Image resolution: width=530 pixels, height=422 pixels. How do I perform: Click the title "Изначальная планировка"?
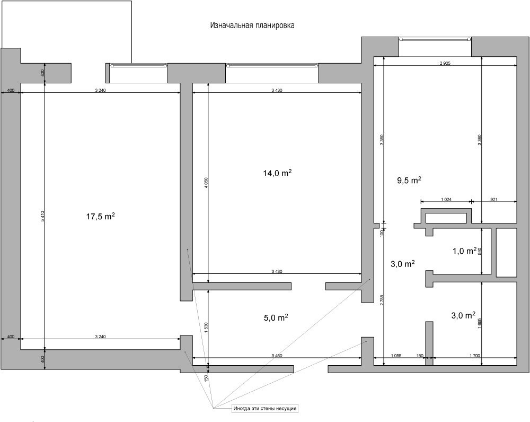click(252, 25)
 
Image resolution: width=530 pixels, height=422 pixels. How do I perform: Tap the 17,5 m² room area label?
click(101, 216)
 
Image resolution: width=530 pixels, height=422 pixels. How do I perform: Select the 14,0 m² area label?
click(278, 173)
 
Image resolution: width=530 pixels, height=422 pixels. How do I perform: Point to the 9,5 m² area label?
click(409, 180)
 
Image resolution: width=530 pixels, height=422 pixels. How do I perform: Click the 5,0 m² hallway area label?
click(276, 317)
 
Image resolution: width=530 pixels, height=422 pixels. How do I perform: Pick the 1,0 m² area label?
click(464, 251)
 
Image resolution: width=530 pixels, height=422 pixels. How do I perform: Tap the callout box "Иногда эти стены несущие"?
click(265, 408)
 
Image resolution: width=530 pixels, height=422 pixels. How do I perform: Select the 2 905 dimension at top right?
click(445, 63)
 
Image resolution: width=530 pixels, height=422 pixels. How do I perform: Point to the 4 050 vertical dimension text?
click(206, 183)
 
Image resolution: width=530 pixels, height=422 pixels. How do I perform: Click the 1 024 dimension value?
click(446, 200)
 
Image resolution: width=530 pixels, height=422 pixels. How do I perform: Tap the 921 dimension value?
click(494, 200)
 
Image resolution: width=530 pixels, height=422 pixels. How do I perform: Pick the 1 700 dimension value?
click(474, 356)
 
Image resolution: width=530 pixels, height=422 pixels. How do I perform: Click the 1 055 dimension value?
click(396, 356)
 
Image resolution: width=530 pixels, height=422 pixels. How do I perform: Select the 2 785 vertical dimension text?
click(382, 300)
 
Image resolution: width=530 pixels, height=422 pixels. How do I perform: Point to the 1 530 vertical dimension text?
click(206, 328)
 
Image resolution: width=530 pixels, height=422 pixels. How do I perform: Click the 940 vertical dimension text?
click(479, 251)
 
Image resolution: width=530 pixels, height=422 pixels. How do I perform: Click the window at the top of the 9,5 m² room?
click(435, 39)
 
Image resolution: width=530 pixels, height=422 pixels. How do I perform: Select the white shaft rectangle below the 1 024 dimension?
click(446, 218)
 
